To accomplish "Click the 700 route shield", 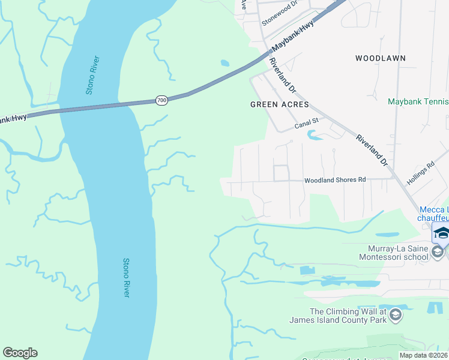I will coord(161,100).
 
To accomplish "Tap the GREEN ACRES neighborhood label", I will coord(279,104).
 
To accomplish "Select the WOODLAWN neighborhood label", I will coord(380,58).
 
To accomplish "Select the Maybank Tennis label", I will coord(418,102).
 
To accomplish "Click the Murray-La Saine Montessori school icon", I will coord(438,253).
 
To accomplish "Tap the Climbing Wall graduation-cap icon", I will coord(395,314).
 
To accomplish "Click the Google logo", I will coord(20,353).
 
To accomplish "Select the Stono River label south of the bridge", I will coord(127,277).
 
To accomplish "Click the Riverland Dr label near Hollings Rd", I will coord(373,150).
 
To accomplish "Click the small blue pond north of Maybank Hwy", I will coord(224,63).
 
